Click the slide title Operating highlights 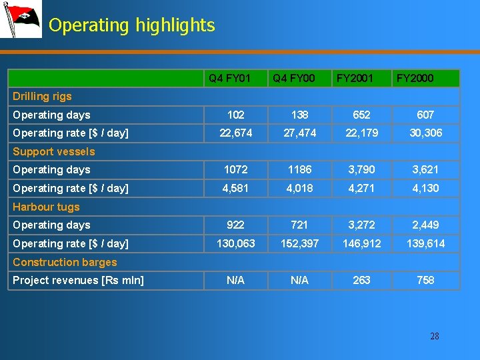click(132, 25)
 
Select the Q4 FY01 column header click(230, 79)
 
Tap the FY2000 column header click(415, 79)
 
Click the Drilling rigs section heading click(42, 97)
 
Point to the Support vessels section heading click(54, 151)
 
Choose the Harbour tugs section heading click(46, 207)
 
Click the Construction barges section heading click(65, 262)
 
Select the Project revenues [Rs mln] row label click(78, 280)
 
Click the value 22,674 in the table click(235, 133)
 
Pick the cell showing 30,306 click(425, 133)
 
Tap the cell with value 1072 click(235, 169)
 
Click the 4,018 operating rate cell click(300, 188)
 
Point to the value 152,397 click(300, 243)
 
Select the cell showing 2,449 click(425, 225)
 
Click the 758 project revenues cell click(425, 280)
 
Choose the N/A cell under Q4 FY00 click(300, 280)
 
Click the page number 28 click(435, 336)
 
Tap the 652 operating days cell click(362, 115)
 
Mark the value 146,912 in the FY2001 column click(362, 243)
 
